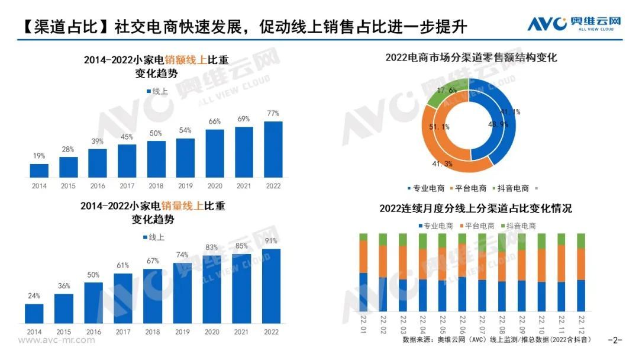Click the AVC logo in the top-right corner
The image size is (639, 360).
pyautogui.click(x=573, y=24)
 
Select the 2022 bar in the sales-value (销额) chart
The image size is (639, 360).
pyautogui.click(x=273, y=149)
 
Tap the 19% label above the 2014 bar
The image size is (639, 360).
pyautogui.click(x=39, y=156)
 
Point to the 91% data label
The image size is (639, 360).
pyautogui.click(x=271, y=241)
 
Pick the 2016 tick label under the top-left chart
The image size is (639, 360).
pyautogui.click(x=98, y=186)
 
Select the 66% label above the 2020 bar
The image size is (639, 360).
pyautogui.click(x=214, y=121)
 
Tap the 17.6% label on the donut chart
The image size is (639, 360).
pyautogui.click(x=446, y=91)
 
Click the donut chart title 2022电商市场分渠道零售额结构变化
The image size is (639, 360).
pyautogui.click(x=471, y=57)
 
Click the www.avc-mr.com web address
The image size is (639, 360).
pyautogui.click(x=56, y=340)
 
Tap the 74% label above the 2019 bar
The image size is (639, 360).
pyautogui.click(x=182, y=255)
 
